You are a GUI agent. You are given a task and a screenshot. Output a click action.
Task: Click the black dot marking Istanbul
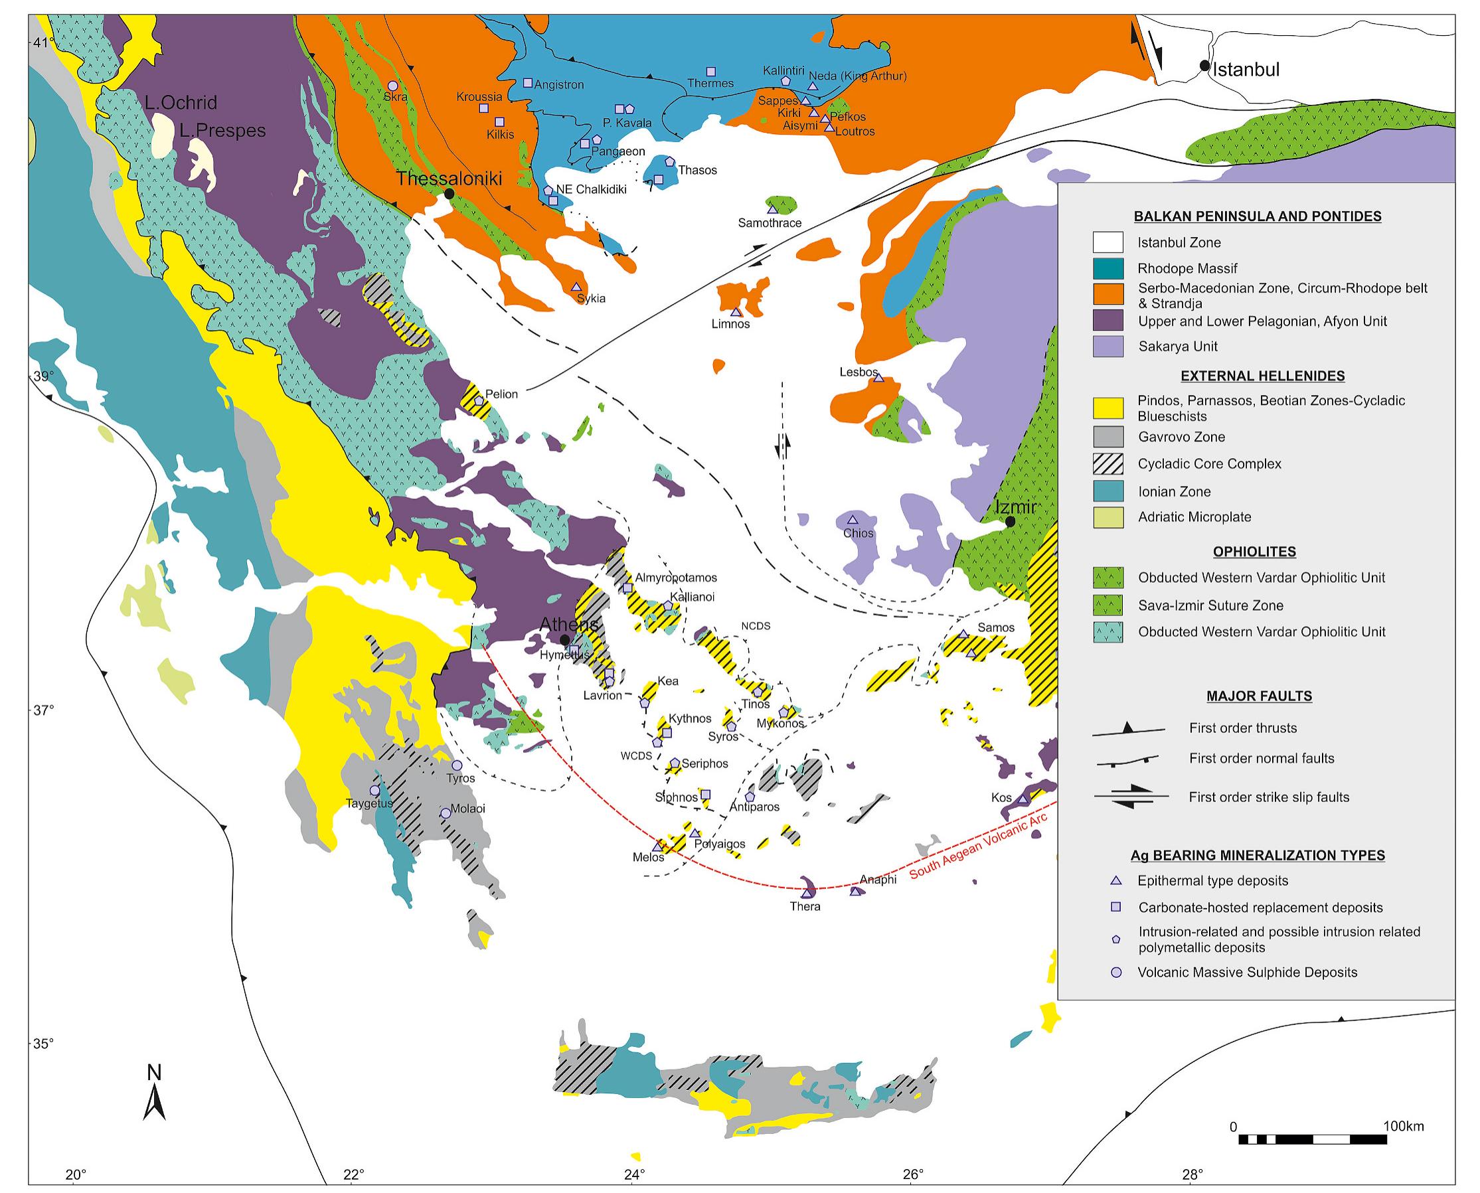click(x=1204, y=65)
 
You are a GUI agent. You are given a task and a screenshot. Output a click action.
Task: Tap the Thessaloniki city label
click(x=449, y=179)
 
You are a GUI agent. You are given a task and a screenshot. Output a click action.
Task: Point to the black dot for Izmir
click(x=1010, y=522)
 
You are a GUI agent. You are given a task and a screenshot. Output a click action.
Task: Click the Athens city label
click(x=568, y=624)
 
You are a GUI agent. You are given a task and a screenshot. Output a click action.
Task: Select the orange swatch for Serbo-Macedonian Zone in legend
click(x=1108, y=293)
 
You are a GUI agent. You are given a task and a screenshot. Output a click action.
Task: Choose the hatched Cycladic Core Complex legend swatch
click(x=1108, y=464)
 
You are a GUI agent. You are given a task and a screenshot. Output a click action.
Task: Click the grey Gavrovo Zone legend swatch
click(x=1108, y=436)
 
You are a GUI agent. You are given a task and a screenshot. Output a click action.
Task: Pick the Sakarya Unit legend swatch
click(x=1108, y=347)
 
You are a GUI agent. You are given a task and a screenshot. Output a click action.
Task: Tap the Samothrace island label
click(x=770, y=223)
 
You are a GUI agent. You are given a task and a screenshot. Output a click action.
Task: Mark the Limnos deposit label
click(x=730, y=324)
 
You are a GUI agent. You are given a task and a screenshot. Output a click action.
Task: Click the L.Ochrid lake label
click(x=181, y=103)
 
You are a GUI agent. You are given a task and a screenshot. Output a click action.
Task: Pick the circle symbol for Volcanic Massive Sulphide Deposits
click(x=1116, y=973)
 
